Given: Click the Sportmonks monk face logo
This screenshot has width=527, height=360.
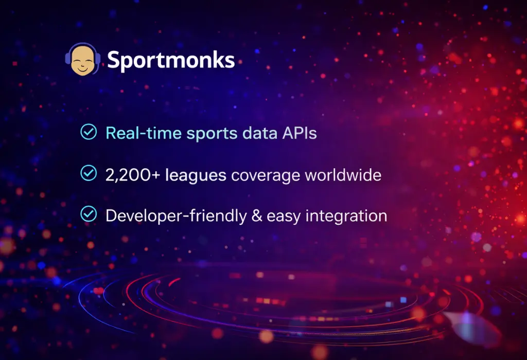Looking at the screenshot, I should [82, 60].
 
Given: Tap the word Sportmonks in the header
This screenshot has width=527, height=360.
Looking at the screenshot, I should [171, 61].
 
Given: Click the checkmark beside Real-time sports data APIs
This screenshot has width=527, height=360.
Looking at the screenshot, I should [89, 132].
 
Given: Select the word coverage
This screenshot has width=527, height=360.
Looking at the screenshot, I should [265, 175].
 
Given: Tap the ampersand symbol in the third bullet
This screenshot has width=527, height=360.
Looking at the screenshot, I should [256, 216].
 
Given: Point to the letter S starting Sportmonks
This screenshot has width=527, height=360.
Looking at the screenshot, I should [113, 60].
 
